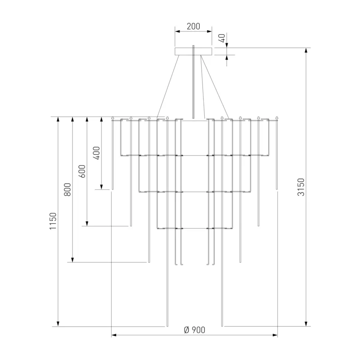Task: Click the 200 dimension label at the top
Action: click(x=193, y=27)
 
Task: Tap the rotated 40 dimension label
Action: click(x=222, y=38)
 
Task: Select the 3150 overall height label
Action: click(x=301, y=187)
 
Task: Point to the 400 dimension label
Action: click(x=97, y=153)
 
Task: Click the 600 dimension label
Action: click(x=82, y=171)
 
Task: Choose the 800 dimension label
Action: click(x=67, y=189)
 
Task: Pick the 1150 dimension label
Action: click(x=53, y=221)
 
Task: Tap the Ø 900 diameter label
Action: click(x=194, y=330)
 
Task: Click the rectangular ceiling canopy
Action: click(x=193, y=51)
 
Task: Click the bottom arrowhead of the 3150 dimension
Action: click(x=306, y=324)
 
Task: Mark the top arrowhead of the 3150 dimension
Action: click(x=306, y=51)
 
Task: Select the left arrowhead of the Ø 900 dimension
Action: click(x=114, y=335)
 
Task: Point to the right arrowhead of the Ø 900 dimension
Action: click(x=275, y=335)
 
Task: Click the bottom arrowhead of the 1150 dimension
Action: click(x=58, y=324)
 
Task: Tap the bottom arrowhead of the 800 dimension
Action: click(x=72, y=260)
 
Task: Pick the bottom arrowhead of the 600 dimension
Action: click(x=87, y=223)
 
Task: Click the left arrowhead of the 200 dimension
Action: click(x=178, y=31)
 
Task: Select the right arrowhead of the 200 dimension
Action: click(x=209, y=31)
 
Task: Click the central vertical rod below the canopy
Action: click(x=193, y=82)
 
